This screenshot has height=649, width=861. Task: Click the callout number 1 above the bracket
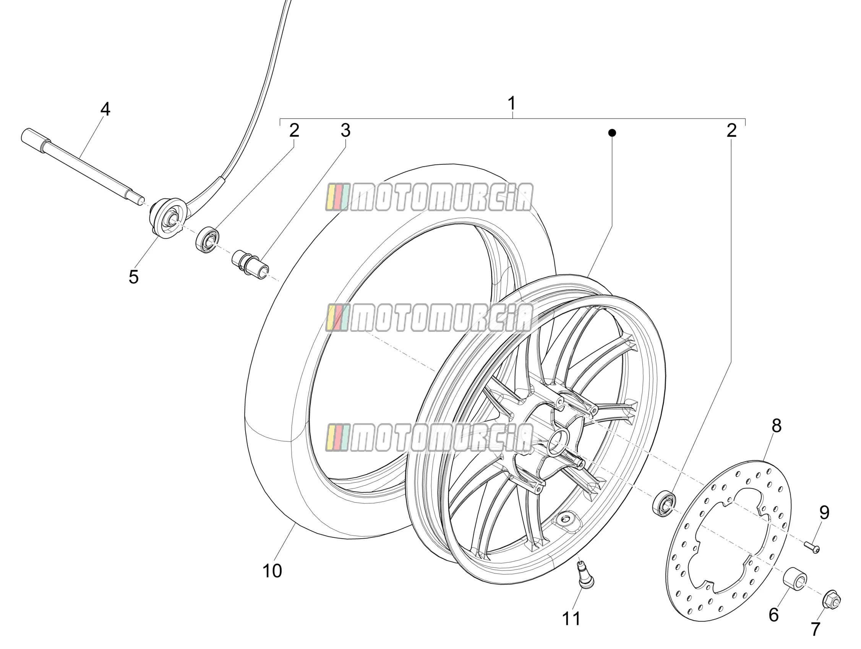512,104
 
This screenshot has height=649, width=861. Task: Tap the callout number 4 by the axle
105,109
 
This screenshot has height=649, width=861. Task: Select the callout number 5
133,277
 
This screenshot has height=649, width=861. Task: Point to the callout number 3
345,130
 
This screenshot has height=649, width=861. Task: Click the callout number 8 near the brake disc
777,426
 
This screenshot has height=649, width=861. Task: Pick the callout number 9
824,513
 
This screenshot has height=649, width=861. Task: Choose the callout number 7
816,629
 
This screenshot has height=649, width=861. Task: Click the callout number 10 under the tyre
272,571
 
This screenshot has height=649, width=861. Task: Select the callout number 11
571,619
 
